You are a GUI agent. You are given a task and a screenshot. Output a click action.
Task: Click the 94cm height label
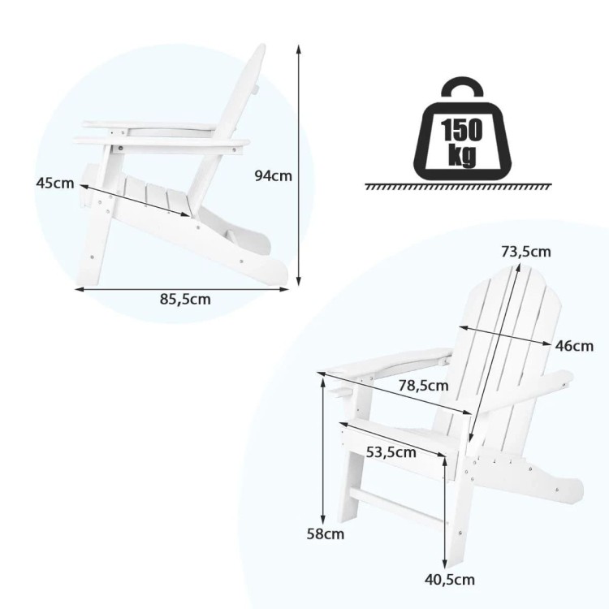(x=273, y=176)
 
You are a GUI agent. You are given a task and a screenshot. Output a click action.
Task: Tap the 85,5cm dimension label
(x=185, y=299)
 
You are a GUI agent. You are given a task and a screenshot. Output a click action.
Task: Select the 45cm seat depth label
(x=54, y=183)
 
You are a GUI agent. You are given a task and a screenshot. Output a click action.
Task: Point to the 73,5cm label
(x=526, y=252)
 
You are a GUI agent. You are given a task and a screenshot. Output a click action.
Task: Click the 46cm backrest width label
(x=574, y=346)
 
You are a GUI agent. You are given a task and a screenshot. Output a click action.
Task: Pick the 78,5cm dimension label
(x=423, y=386)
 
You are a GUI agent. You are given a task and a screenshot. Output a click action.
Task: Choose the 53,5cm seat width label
(x=391, y=452)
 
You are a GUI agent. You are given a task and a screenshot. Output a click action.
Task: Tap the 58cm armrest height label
(x=326, y=533)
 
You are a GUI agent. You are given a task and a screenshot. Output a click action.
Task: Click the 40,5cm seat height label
(x=449, y=580)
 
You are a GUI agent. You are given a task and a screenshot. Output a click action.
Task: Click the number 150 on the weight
(x=461, y=130)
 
